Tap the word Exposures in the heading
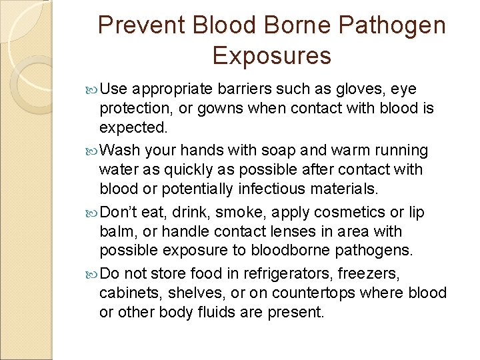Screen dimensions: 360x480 271,55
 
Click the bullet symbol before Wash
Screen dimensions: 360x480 91,151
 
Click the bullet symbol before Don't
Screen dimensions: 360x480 91,213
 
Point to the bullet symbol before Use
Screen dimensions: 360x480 91,89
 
